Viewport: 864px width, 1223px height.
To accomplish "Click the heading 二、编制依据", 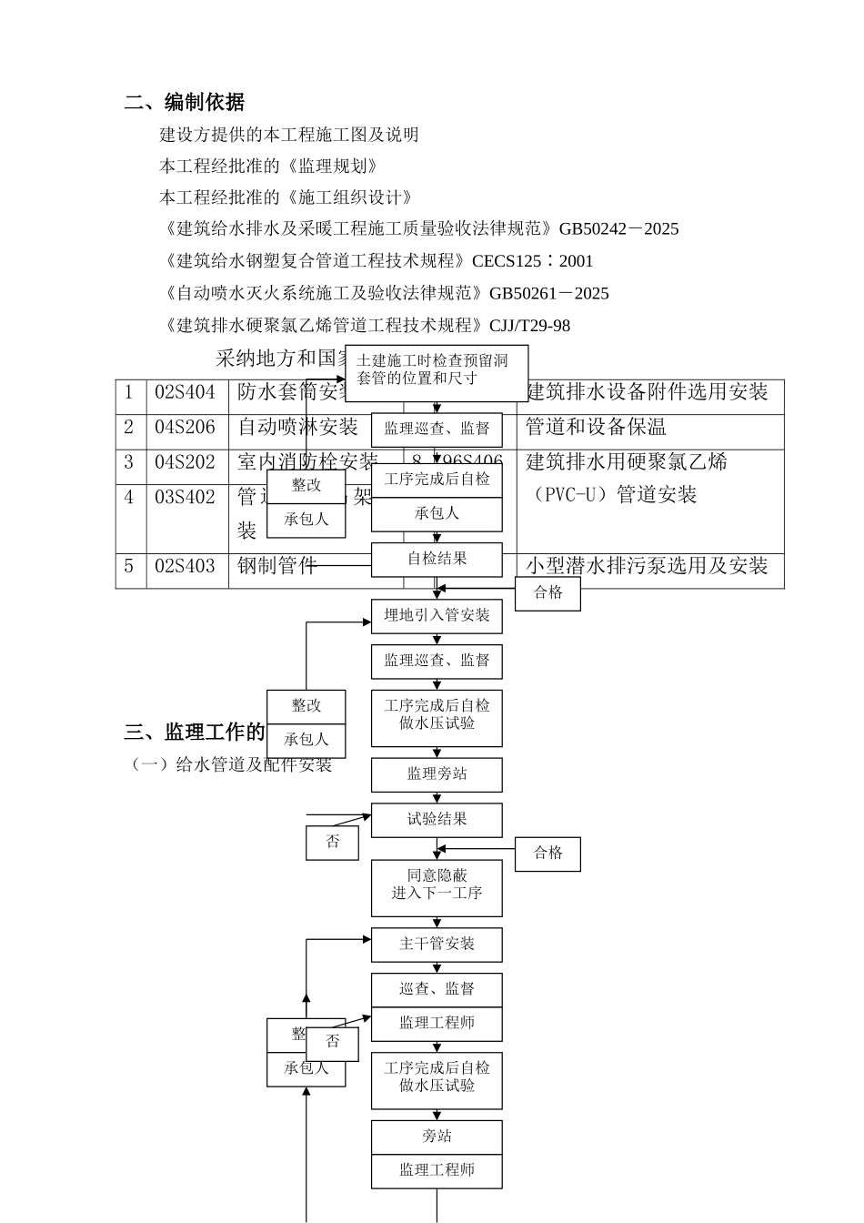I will click(x=185, y=102).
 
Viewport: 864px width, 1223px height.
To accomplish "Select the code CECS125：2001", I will click(x=532, y=261).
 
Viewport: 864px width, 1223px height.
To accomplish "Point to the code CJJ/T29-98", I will click(x=530, y=325).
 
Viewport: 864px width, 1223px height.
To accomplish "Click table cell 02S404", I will click(x=186, y=392).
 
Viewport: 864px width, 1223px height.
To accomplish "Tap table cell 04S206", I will click(x=186, y=427).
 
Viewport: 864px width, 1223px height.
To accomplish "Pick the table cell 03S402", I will click(x=186, y=497).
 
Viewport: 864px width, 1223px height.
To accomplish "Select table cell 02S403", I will click(x=186, y=566).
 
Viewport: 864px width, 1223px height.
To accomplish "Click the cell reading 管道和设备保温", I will click(x=596, y=427).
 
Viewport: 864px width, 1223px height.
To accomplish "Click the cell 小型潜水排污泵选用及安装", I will click(x=647, y=566).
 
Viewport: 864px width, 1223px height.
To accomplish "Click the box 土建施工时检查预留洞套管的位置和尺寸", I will click(x=437, y=369).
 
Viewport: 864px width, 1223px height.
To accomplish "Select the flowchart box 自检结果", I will click(x=437, y=559).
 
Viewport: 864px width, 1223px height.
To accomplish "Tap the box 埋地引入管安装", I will click(x=437, y=616).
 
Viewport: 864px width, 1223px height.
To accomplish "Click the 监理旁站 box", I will click(x=437, y=774).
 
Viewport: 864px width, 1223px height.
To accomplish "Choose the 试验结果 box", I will click(x=437, y=820).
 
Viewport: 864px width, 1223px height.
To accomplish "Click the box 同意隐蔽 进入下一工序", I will click(x=437, y=884).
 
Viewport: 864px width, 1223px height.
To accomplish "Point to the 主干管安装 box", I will click(x=437, y=945).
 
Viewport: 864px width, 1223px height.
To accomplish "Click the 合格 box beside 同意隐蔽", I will click(x=548, y=854).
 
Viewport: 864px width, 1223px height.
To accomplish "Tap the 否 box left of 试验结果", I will click(x=332, y=842).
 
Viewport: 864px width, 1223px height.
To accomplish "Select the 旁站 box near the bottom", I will click(x=437, y=1137).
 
